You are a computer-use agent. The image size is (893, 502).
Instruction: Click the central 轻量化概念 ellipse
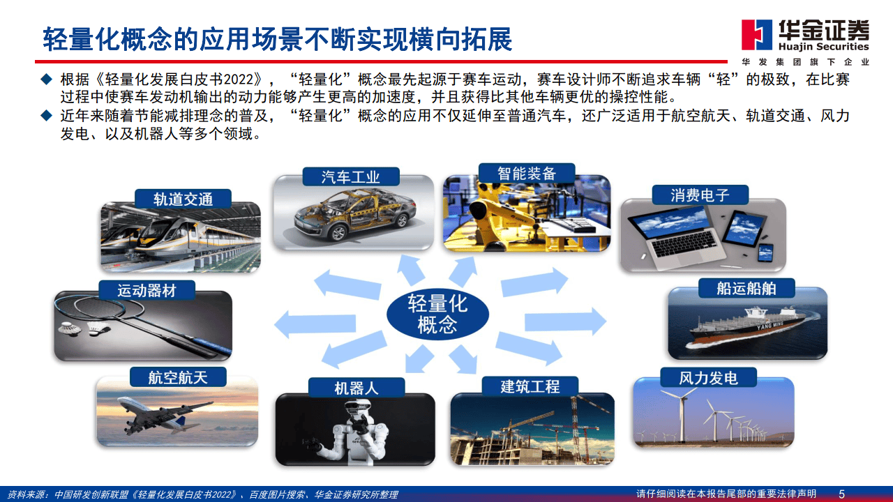pos(437,314)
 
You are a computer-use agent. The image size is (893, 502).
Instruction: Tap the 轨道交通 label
pos(183,199)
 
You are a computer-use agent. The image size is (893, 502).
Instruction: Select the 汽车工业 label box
pos(351,177)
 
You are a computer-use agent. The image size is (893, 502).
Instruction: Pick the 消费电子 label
pos(700,195)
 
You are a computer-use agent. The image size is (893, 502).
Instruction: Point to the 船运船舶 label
pos(746,288)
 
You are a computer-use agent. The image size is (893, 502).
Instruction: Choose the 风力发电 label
pos(708,379)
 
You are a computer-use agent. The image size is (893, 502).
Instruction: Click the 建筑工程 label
pos(530,386)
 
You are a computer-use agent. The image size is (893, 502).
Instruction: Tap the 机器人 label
pos(357,388)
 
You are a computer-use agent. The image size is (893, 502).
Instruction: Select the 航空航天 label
pos(178,377)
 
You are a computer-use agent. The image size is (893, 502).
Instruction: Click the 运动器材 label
pos(146,291)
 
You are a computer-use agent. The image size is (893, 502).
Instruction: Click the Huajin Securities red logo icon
pos(754,36)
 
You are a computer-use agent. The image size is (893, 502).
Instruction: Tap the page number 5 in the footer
pos(841,494)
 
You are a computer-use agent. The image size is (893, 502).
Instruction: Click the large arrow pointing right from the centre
pos(565,320)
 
